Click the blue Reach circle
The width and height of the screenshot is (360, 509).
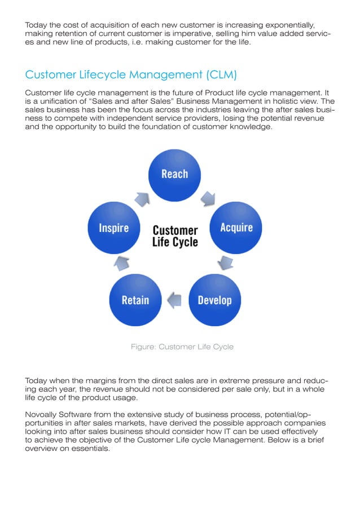[175, 174]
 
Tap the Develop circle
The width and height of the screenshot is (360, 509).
[214, 299]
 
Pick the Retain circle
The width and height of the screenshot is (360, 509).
[135, 299]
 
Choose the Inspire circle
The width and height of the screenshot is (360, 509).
[114, 228]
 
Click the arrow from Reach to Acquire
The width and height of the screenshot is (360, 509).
[208, 198]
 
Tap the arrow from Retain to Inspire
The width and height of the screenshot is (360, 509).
[123, 262]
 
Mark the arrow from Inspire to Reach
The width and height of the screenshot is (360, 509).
[141, 198]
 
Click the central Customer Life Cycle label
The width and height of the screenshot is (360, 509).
[175, 236]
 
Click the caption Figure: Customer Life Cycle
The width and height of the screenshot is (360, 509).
[182, 346]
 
